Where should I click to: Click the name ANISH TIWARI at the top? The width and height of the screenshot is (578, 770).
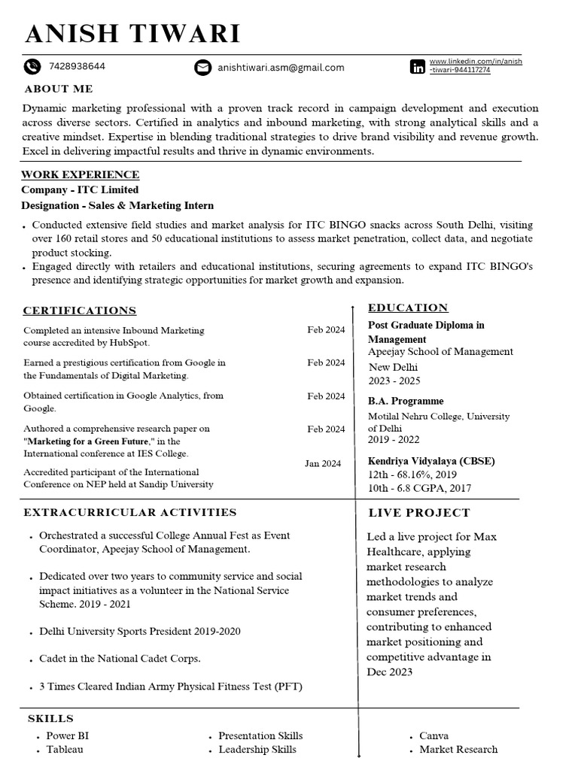(132, 34)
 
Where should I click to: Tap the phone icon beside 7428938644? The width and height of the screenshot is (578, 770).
(32, 67)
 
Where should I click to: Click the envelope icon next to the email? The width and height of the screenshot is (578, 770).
(202, 68)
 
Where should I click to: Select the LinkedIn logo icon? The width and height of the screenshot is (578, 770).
(417, 67)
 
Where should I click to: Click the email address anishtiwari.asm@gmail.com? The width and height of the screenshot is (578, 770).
(281, 68)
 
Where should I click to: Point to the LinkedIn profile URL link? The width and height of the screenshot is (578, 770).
(475, 65)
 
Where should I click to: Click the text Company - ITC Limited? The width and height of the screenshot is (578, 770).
(80, 190)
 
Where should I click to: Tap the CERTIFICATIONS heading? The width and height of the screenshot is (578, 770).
(80, 311)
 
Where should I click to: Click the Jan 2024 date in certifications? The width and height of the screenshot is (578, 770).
(323, 463)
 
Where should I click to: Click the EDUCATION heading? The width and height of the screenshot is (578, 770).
(408, 308)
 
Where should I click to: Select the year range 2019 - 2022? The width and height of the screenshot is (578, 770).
(394, 440)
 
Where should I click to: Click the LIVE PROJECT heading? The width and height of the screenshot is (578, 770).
(418, 513)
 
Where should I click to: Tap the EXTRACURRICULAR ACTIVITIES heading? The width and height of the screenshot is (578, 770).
(130, 512)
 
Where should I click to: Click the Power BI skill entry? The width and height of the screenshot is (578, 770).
(67, 735)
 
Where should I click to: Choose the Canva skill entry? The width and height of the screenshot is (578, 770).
(433, 735)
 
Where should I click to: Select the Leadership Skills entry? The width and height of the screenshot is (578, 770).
(257, 750)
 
